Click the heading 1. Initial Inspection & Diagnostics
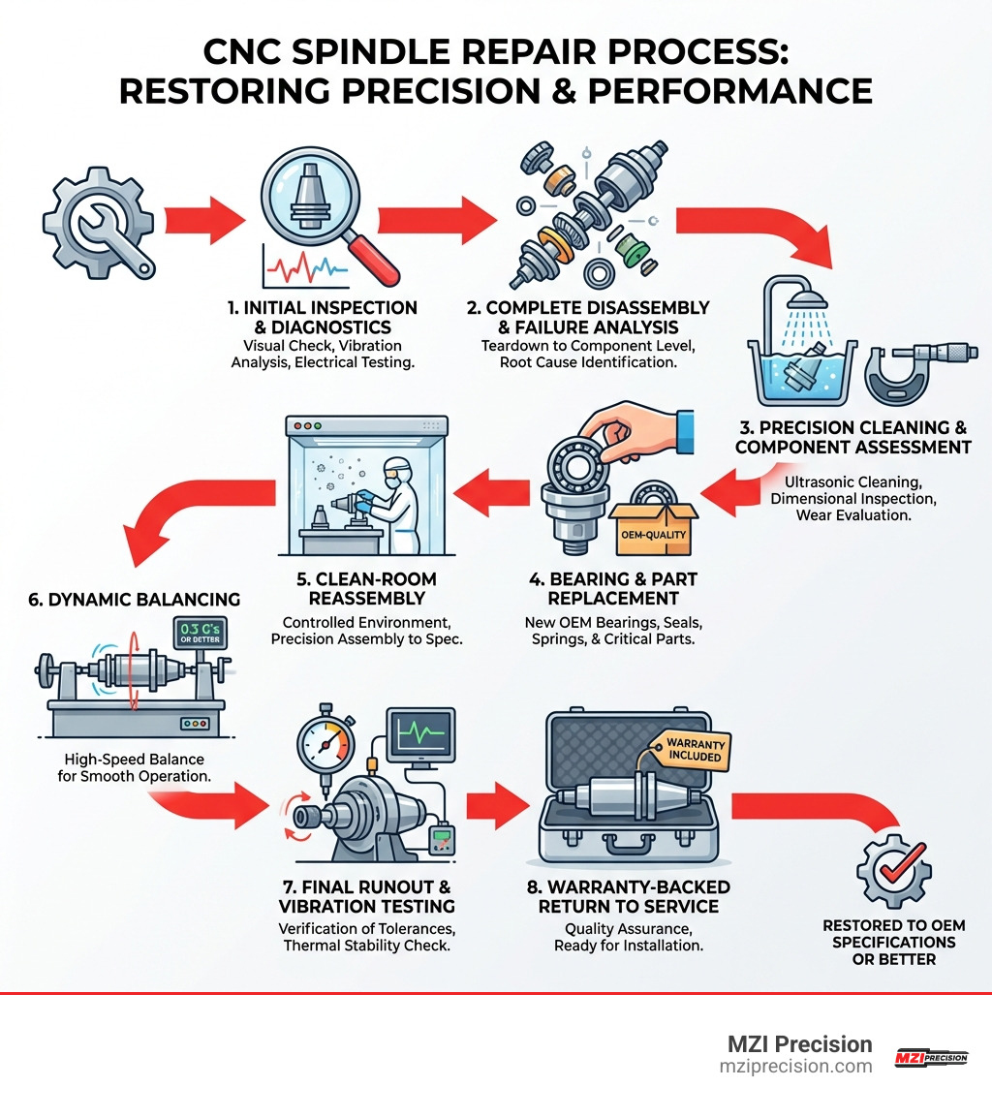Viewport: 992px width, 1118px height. click(323, 317)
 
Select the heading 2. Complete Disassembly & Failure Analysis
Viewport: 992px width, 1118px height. click(588, 317)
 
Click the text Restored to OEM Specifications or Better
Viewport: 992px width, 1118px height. click(893, 942)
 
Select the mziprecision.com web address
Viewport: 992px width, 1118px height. click(796, 1066)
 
